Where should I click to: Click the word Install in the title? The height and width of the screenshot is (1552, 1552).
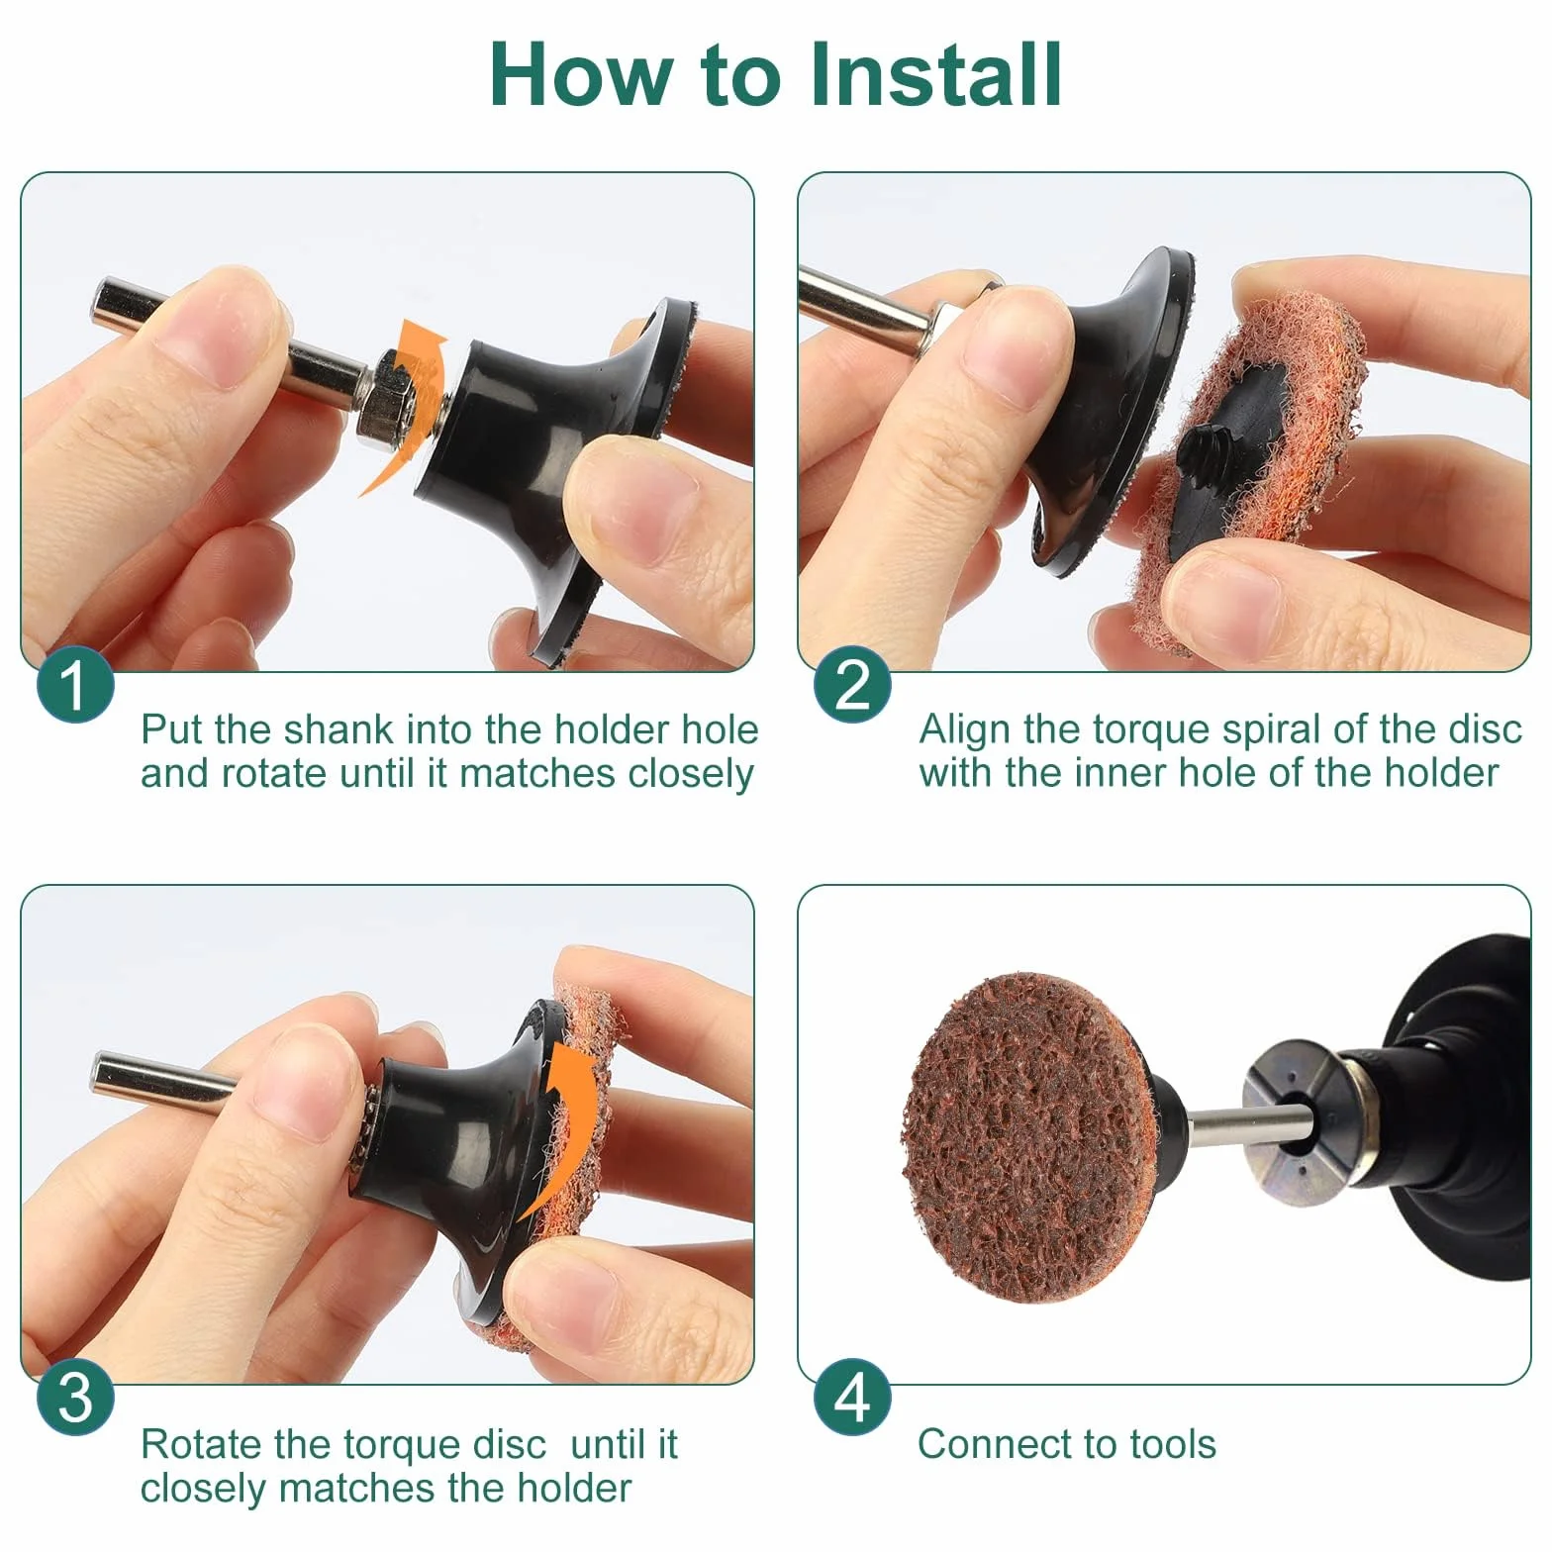(935, 74)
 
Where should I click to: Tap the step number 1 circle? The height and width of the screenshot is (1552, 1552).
(75, 685)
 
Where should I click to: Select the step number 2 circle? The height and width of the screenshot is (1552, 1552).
(852, 685)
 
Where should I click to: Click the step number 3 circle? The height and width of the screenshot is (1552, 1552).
(75, 1398)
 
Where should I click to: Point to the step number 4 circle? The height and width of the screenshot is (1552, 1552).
(852, 1398)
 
